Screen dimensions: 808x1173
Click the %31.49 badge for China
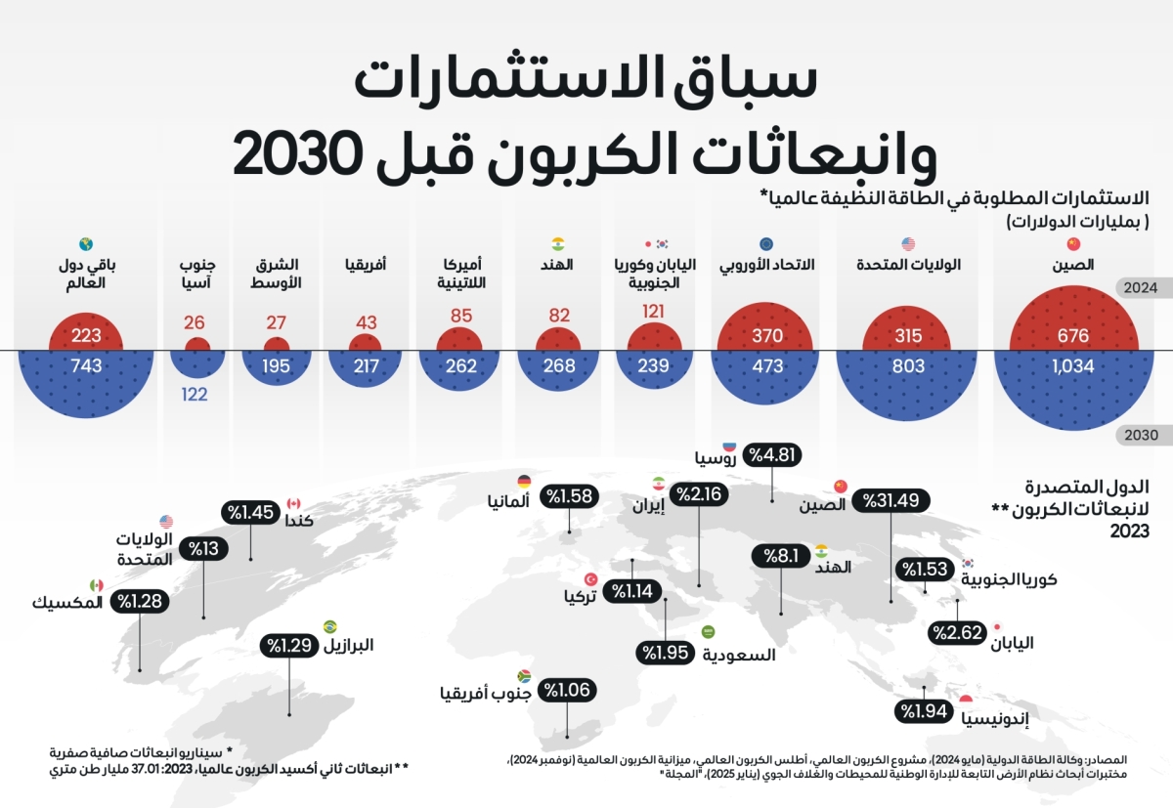[x=891, y=500]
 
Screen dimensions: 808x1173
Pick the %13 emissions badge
[x=202, y=548]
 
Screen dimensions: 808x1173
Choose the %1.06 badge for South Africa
[x=568, y=691]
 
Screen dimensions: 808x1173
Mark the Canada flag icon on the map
[x=292, y=503]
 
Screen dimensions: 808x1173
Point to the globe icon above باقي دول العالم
[x=89, y=243]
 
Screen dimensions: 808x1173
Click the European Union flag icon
[x=767, y=243]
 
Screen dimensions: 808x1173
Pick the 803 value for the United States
[x=906, y=367]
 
